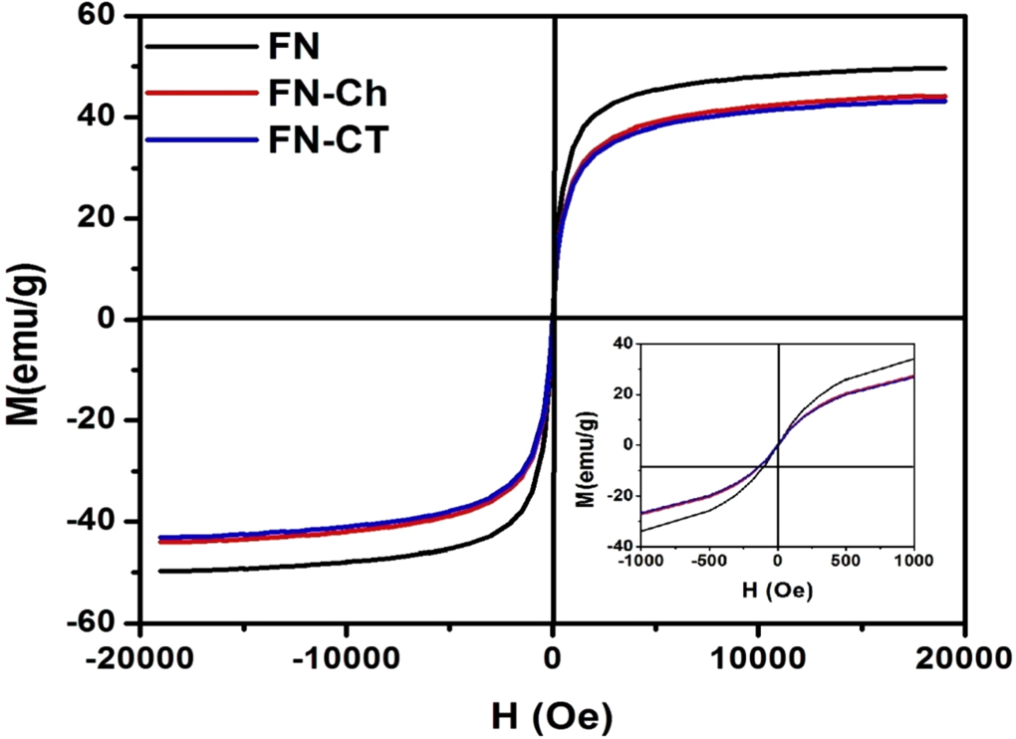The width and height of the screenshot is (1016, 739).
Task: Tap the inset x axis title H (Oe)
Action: point(776,591)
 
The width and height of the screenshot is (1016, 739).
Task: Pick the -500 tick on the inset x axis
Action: point(707,562)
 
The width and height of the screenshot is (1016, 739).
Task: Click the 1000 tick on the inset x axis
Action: point(910,562)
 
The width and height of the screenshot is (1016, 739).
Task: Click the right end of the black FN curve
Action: point(944,68)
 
